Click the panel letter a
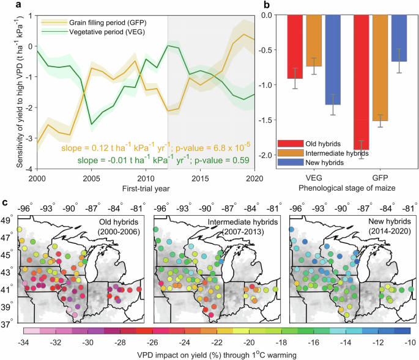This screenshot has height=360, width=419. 6,6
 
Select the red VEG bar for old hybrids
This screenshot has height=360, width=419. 295,46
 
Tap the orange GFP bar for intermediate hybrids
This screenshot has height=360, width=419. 379,67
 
